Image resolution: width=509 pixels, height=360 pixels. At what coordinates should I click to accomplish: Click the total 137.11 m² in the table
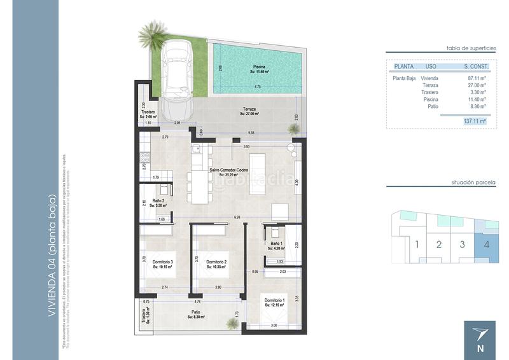tap(475, 120)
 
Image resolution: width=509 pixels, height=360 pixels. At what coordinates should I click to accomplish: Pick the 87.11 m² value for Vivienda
tap(477, 78)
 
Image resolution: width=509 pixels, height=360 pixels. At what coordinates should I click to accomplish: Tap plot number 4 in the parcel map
tap(486, 244)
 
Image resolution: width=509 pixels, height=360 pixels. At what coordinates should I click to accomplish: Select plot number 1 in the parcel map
tap(416, 244)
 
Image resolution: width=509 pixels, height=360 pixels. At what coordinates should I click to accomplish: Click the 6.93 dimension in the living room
tap(237, 218)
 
